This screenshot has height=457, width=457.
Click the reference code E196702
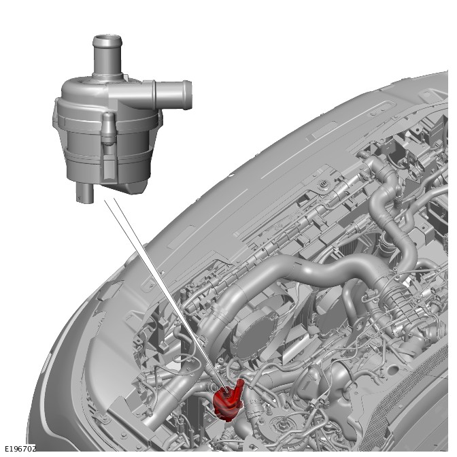click(x=20, y=449)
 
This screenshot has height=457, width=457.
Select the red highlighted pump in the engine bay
click(x=228, y=401)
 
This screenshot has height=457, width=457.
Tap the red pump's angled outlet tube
click(x=239, y=388)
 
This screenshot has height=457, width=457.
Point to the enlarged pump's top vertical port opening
click(x=107, y=39)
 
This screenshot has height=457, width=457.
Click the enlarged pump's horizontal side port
click(x=173, y=95)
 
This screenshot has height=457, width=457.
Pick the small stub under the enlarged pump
click(x=85, y=192)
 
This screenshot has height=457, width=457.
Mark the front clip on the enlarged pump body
click(x=108, y=129)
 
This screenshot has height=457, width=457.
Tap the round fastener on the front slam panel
click(x=323, y=184)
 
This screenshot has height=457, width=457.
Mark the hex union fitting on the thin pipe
click(x=314, y=403)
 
